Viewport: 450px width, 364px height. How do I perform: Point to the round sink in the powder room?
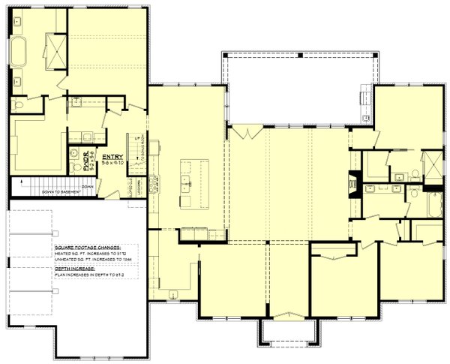coord(74,152)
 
